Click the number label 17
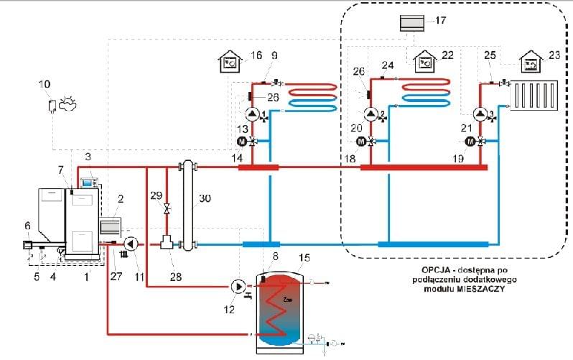(x=440, y=21)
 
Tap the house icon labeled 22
(x=426, y=60)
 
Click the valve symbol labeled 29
(x=167, y=208)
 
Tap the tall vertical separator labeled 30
(x=190, y=206)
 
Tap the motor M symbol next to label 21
(x=470, y=142)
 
